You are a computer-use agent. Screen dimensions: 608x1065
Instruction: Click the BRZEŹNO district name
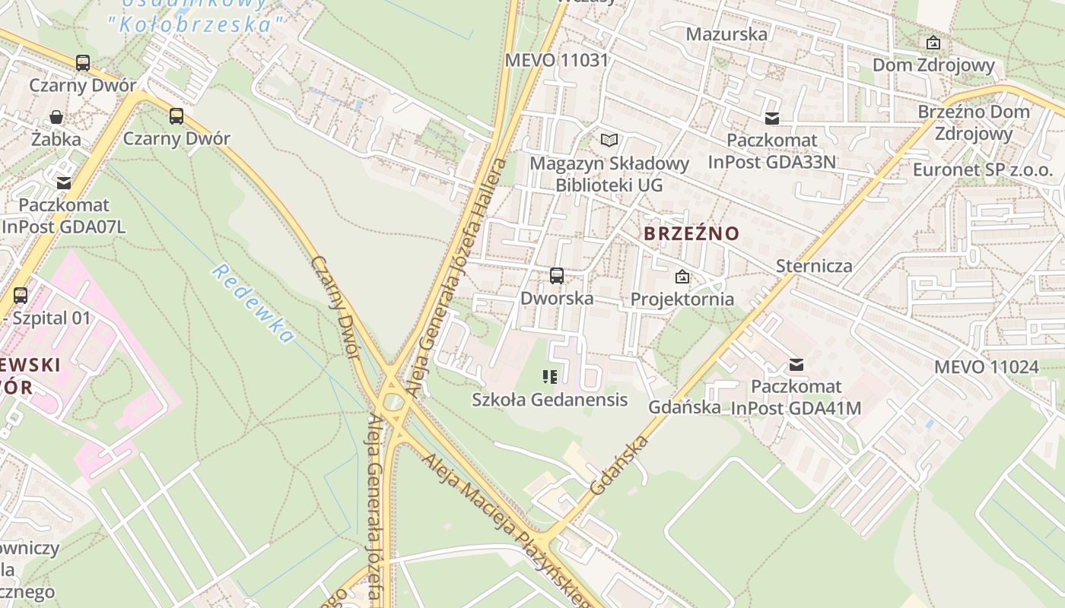point(691,233)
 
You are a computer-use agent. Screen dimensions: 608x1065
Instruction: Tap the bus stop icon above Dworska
point(557,276)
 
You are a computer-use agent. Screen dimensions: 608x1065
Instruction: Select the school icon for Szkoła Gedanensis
point(550,377)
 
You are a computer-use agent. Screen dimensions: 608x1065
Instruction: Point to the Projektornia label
point(682,299)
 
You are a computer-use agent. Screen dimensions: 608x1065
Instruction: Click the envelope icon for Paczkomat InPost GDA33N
point(772,119)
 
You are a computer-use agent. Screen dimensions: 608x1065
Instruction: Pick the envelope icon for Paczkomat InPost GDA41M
point(796,365)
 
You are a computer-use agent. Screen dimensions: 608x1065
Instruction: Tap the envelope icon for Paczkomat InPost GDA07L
point(64,183)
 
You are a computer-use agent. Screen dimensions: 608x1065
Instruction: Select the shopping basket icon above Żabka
point(56,117)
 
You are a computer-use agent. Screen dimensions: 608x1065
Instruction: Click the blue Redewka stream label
point(252,303)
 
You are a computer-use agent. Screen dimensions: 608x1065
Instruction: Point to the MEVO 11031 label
point(557,60)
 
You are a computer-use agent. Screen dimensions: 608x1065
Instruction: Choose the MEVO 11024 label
point(986,367)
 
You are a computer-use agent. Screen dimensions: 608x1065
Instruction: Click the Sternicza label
point(814,266)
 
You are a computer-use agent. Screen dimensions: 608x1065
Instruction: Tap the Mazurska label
point(726,34)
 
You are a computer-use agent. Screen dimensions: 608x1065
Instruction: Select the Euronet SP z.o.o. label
point(983,169)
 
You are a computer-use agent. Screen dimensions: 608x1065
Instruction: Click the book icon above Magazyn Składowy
point(609,140)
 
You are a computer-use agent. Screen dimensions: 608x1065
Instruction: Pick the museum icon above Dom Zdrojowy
point(933,43)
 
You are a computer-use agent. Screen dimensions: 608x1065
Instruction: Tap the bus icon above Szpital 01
point(21,295)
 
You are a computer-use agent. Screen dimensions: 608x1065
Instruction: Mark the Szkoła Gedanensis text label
point(550,400)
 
